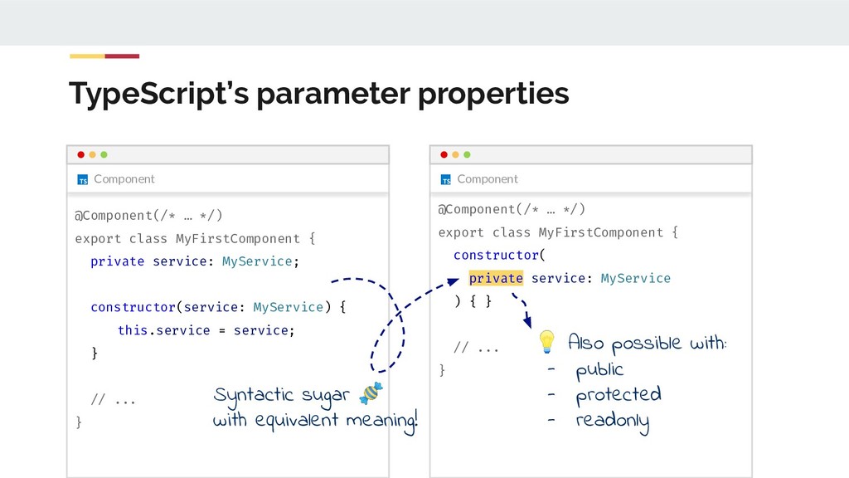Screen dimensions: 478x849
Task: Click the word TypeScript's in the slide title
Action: [x=158, y=95]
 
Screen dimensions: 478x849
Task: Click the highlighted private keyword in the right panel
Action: [x=495, y=278]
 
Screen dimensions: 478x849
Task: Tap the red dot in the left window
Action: [x=80, y=154]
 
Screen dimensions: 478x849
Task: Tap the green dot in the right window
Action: [x=467, y=154]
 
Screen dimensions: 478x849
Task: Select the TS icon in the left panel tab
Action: [x=82, y=179]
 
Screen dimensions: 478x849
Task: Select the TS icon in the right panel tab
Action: [x=445, y=179]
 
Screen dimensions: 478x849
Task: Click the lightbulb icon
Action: [x=546, y=341]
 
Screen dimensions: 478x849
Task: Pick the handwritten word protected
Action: [x=619, y=395]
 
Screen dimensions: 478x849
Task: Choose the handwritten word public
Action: [x=599, y=369]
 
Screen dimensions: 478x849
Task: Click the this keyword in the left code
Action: [x=132, y=330]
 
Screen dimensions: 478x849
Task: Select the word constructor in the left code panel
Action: [x=133, y=307]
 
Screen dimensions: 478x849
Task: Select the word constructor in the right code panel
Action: [x=495, y=255]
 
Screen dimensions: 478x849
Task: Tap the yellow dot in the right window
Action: [x=455, y=154]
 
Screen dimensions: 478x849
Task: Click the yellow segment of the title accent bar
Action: [x=87, y=56]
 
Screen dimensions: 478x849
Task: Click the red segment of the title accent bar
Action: [x=122, y=56]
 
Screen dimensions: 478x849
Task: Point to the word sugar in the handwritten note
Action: [x=326, y=393]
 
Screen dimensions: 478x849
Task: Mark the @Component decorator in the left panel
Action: [x=115, y=216]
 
